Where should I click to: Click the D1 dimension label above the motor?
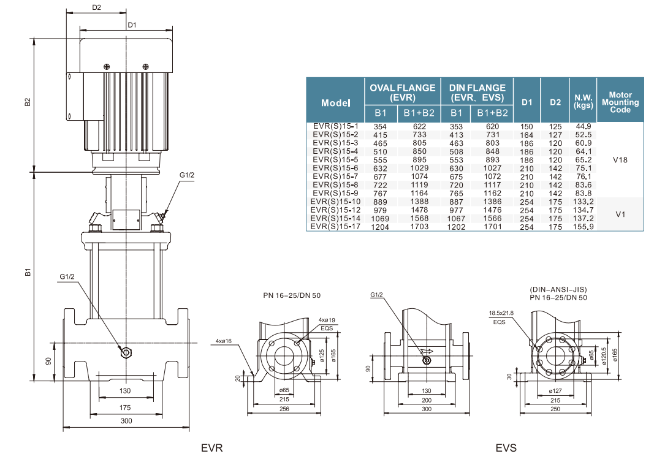tap(132, 25)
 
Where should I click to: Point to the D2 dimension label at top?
tap(96, 7)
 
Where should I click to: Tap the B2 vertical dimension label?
tap(28, 102)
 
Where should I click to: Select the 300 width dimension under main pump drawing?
tap(126, 420)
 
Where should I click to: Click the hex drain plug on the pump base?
tap(126, 353)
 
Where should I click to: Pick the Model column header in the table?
tap(336, 103)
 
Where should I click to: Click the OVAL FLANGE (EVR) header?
tap(403, 93)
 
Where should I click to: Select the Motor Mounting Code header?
tap(620, 102)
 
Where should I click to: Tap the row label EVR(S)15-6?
tap(335, 168)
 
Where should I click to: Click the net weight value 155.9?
tap(583, 227)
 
